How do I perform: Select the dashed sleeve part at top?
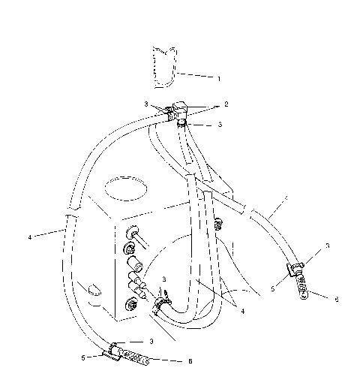(x=163, y=68)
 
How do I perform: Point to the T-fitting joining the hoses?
(x=181, y=110)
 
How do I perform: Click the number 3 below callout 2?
(x=220, y=124)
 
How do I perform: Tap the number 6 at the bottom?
(x=190, y=361)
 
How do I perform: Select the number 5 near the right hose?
(x=274, y=286)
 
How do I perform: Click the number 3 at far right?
(x=327, y=246)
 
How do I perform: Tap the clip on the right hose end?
(x=295, y=267)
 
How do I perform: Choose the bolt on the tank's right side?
(x=218, y=223)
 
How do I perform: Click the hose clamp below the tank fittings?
(x=160, y=304)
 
